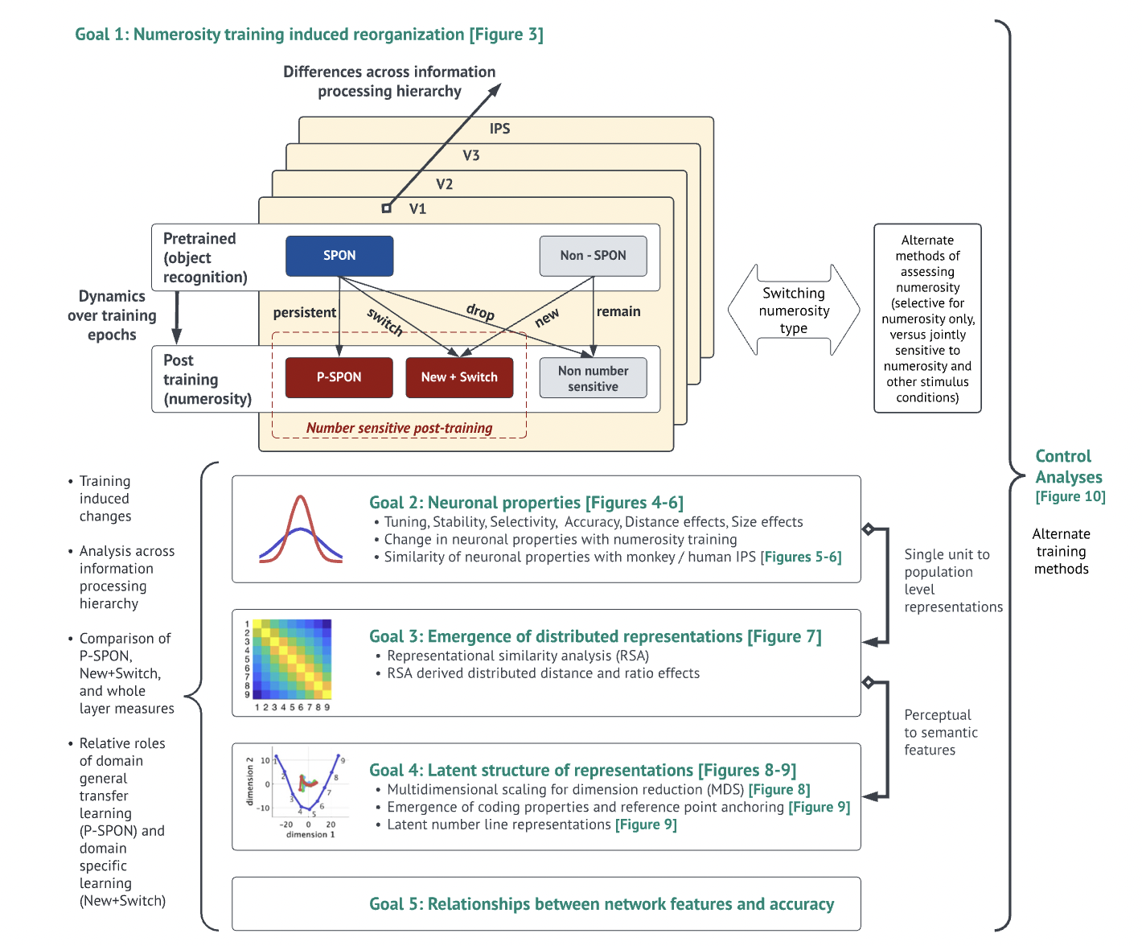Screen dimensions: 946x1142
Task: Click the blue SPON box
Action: (x=339, y=256)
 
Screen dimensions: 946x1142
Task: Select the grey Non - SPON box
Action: (x=593, y=256)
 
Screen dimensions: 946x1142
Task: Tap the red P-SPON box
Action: (x=339, y=377)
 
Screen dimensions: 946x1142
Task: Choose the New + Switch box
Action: (x=459, y=377)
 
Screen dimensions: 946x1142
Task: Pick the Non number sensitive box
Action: (x=593, y=378)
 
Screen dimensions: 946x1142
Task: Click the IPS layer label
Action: (x=499, y=129)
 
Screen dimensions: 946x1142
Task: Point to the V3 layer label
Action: (x=471, y=155)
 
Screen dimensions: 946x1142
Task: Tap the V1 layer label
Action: (x=417, y=209)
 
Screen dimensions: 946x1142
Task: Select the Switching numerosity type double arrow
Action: (x=794, y=311)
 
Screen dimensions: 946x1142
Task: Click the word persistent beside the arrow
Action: (x=304, y=312)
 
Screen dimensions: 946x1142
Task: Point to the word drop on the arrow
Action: (x=480, y=311)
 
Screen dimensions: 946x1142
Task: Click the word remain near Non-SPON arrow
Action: (x=618, y=311)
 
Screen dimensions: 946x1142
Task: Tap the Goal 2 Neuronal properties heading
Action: (x=526, y=503)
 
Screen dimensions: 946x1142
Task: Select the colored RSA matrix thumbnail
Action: (x=292, y=660)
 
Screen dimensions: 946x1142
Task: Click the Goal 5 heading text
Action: (x=602, y=904)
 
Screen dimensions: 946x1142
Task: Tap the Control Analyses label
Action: (x=1068, y=467)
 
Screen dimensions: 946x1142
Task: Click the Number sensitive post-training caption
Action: (x=399, y=428)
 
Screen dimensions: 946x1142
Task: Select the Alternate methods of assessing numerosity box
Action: (x=927, y=319)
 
